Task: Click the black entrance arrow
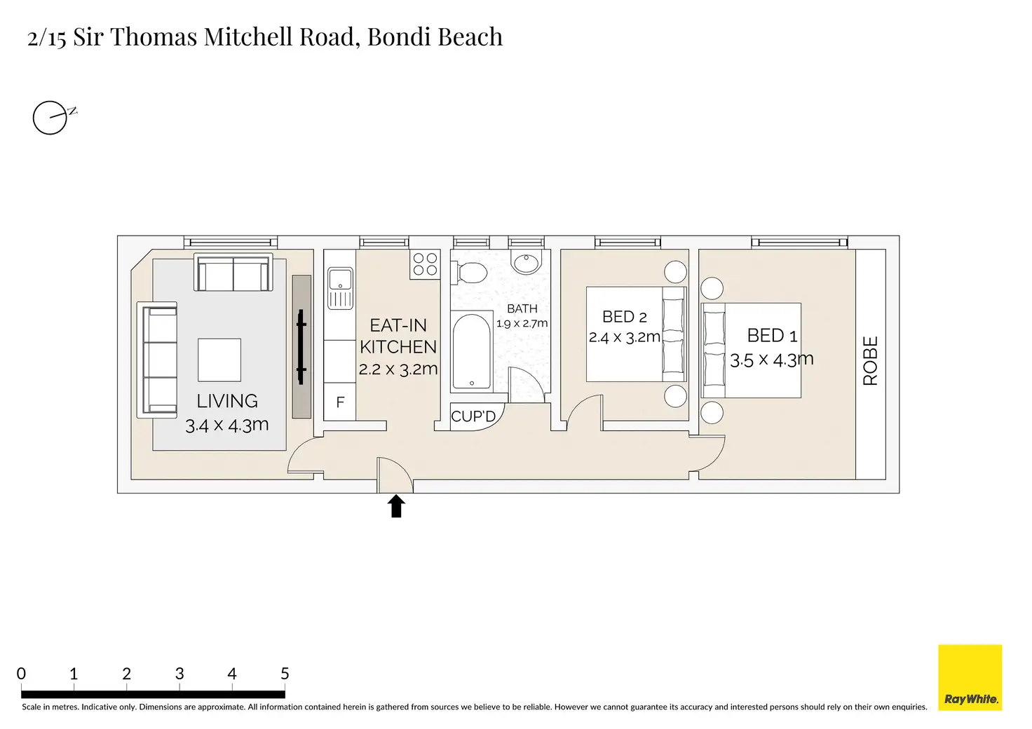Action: pyautogui.click(x=396, y=506)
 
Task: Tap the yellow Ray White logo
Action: pyautogui.click(x=970, y=677)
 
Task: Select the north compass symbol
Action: pyautogui.click(x=54, y=118)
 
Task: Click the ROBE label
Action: pyautogui.click(x=870, y=361)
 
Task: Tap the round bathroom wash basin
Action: pyautogui.click(x=527, y=264)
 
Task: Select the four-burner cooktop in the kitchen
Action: pyautogui.click(x=425, y=264)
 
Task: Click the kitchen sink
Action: pyautogui.click(x=341, y=288)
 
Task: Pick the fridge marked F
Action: pyautogui.click(x=340, y=402)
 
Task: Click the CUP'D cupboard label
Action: pyautogui.click(x=473, y=416)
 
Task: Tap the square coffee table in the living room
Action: pyautogui.click(x=219, y=360)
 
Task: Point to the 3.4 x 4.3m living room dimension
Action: pyautogui.click(x=226, y=425)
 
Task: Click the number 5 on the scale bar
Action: pyautogui.click(x=285, y=674)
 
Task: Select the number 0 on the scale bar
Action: pyautogui.click(x=21, y=674)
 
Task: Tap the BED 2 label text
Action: pyautogui.click(x=624, y=317)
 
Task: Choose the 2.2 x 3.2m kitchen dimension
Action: pyautogui.click(x=398, y=369)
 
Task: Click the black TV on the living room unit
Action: pyautogui.click(x=301, y=347)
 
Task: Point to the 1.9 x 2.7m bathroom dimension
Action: pyautogui.click(x=522, y=323)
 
